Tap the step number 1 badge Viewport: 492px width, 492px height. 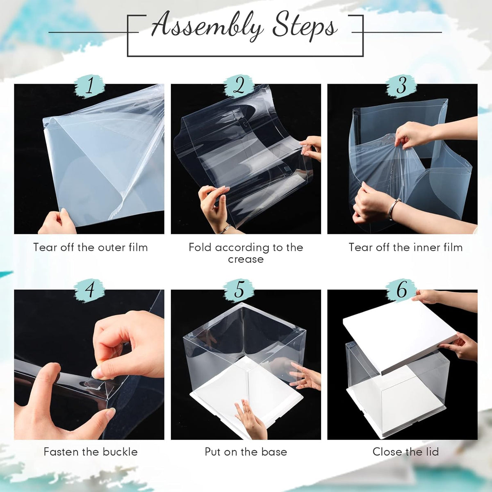89,86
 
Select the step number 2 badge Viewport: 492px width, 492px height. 239,86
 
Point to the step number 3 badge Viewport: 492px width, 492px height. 401,86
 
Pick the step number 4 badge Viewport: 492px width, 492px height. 89,291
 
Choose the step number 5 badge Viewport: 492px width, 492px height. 239,291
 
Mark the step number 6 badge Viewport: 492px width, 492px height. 401,291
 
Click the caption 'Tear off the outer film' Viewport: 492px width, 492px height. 91,247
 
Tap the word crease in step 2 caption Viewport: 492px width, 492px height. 246,260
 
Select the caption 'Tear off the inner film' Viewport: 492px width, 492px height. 406,247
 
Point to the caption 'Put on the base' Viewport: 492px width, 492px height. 246,452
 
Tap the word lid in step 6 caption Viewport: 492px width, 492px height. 431,452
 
